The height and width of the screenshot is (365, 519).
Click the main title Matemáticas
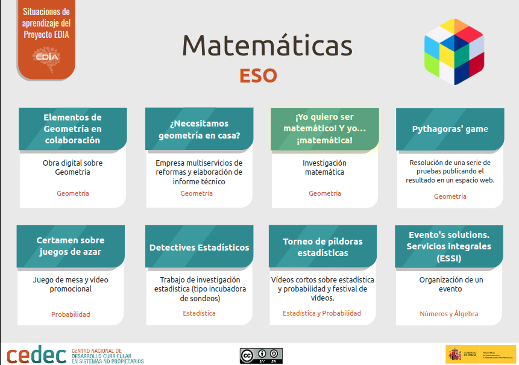click(267, 46)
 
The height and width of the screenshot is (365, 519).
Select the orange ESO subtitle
click(258, 76)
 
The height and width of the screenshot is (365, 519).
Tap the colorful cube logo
click(455, 51)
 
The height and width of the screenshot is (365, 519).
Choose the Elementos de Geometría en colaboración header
click(72, 128)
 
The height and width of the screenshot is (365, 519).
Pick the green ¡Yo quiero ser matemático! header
click(324, 128)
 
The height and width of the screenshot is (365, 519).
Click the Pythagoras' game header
click(450, 129)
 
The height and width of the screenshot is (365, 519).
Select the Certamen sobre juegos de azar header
click(71, 246)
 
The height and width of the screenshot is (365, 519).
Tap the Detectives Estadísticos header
click(200, 247)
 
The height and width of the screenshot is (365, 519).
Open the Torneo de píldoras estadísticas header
click(322, 247)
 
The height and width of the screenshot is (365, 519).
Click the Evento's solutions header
click(449, 246)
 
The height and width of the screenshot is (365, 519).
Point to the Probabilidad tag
click(71, 314)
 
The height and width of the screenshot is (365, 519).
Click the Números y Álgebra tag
click(449, 314)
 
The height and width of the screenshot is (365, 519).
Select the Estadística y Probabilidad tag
click(322, 313)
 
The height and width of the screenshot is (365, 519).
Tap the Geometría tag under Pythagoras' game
click(450, 196)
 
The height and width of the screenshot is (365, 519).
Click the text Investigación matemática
click(324, 167)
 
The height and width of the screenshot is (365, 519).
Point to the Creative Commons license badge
click(261, 355)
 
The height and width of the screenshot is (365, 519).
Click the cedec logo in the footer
click(37, 355)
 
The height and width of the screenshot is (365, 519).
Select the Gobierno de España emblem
click(455, 355)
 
